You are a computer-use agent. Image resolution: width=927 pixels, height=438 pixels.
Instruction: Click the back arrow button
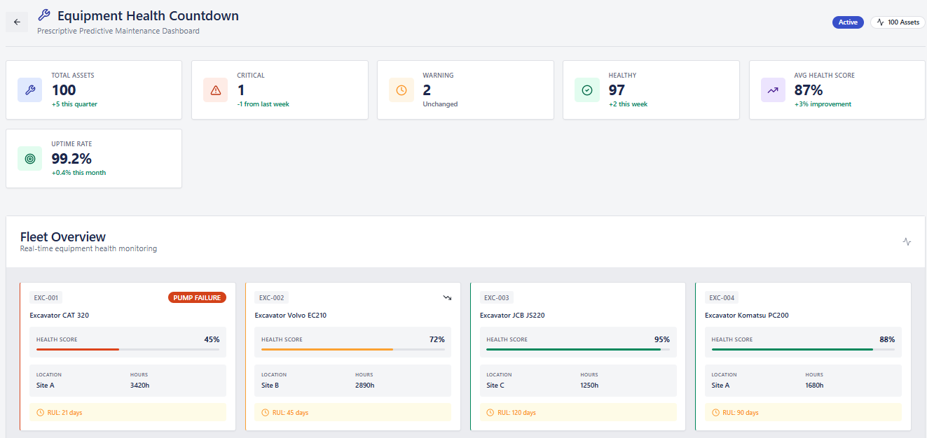(x=17, y=22)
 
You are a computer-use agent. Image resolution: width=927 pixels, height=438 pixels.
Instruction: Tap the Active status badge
(x=848, y=22)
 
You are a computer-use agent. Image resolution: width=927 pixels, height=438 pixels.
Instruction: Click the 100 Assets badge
(x=898, y=22)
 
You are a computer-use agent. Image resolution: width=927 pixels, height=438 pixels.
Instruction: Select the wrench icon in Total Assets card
(x=29, y=90)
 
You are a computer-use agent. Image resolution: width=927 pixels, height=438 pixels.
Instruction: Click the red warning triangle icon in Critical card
(x=216, y=90)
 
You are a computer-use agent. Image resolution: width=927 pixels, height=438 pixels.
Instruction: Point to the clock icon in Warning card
(x=401, y=90)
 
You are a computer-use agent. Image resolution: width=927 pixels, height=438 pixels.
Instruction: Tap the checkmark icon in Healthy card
(x=587, y=90)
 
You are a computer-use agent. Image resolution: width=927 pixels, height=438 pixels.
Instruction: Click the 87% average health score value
(x=808, y=90)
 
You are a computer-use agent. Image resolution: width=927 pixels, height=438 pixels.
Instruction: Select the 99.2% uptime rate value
(x=71, y=159)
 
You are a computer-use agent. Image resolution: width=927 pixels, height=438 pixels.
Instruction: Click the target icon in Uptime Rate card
(x=29, y=159)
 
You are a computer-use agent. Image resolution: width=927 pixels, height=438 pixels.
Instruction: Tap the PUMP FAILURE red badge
(x=197, y=297)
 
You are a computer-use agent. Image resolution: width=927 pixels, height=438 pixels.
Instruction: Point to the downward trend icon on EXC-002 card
(x=447, y=297)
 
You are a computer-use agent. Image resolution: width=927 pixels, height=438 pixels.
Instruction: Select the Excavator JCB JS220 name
(x=512, y=316)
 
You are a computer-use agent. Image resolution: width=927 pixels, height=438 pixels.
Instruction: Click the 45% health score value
(x=212, y=339)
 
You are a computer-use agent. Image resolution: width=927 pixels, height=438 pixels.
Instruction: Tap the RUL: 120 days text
(x=516, y=413)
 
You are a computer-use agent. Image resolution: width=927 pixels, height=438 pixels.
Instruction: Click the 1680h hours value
(x=814, y=385)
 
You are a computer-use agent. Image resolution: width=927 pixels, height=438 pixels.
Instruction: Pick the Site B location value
(x=270, y=385)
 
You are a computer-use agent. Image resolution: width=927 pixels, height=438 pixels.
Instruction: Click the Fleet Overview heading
(x=63, y=236)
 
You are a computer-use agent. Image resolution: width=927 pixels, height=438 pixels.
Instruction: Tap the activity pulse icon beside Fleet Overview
(x=907, y=241)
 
